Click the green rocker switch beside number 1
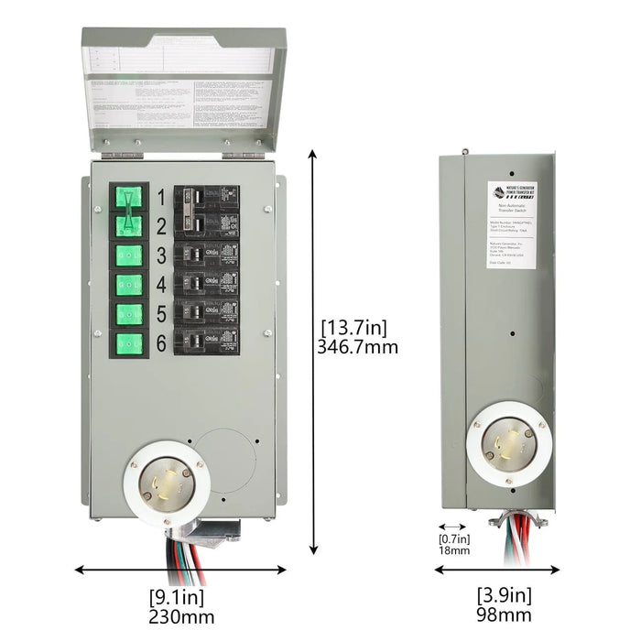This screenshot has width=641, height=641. click(128, 197)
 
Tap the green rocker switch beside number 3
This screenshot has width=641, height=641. click(128, 255)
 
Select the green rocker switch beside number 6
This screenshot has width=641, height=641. click(128, 343)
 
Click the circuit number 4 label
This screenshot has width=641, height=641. click(160, 284)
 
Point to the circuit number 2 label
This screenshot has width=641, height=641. click(160, 225)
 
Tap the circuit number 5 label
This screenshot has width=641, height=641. click(160, 314)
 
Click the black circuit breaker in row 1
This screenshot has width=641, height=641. click(207, 198)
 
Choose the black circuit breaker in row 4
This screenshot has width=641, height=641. click(207, 284)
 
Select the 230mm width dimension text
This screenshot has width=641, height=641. click(181, 617)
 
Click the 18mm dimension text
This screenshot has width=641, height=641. click(454, 551)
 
